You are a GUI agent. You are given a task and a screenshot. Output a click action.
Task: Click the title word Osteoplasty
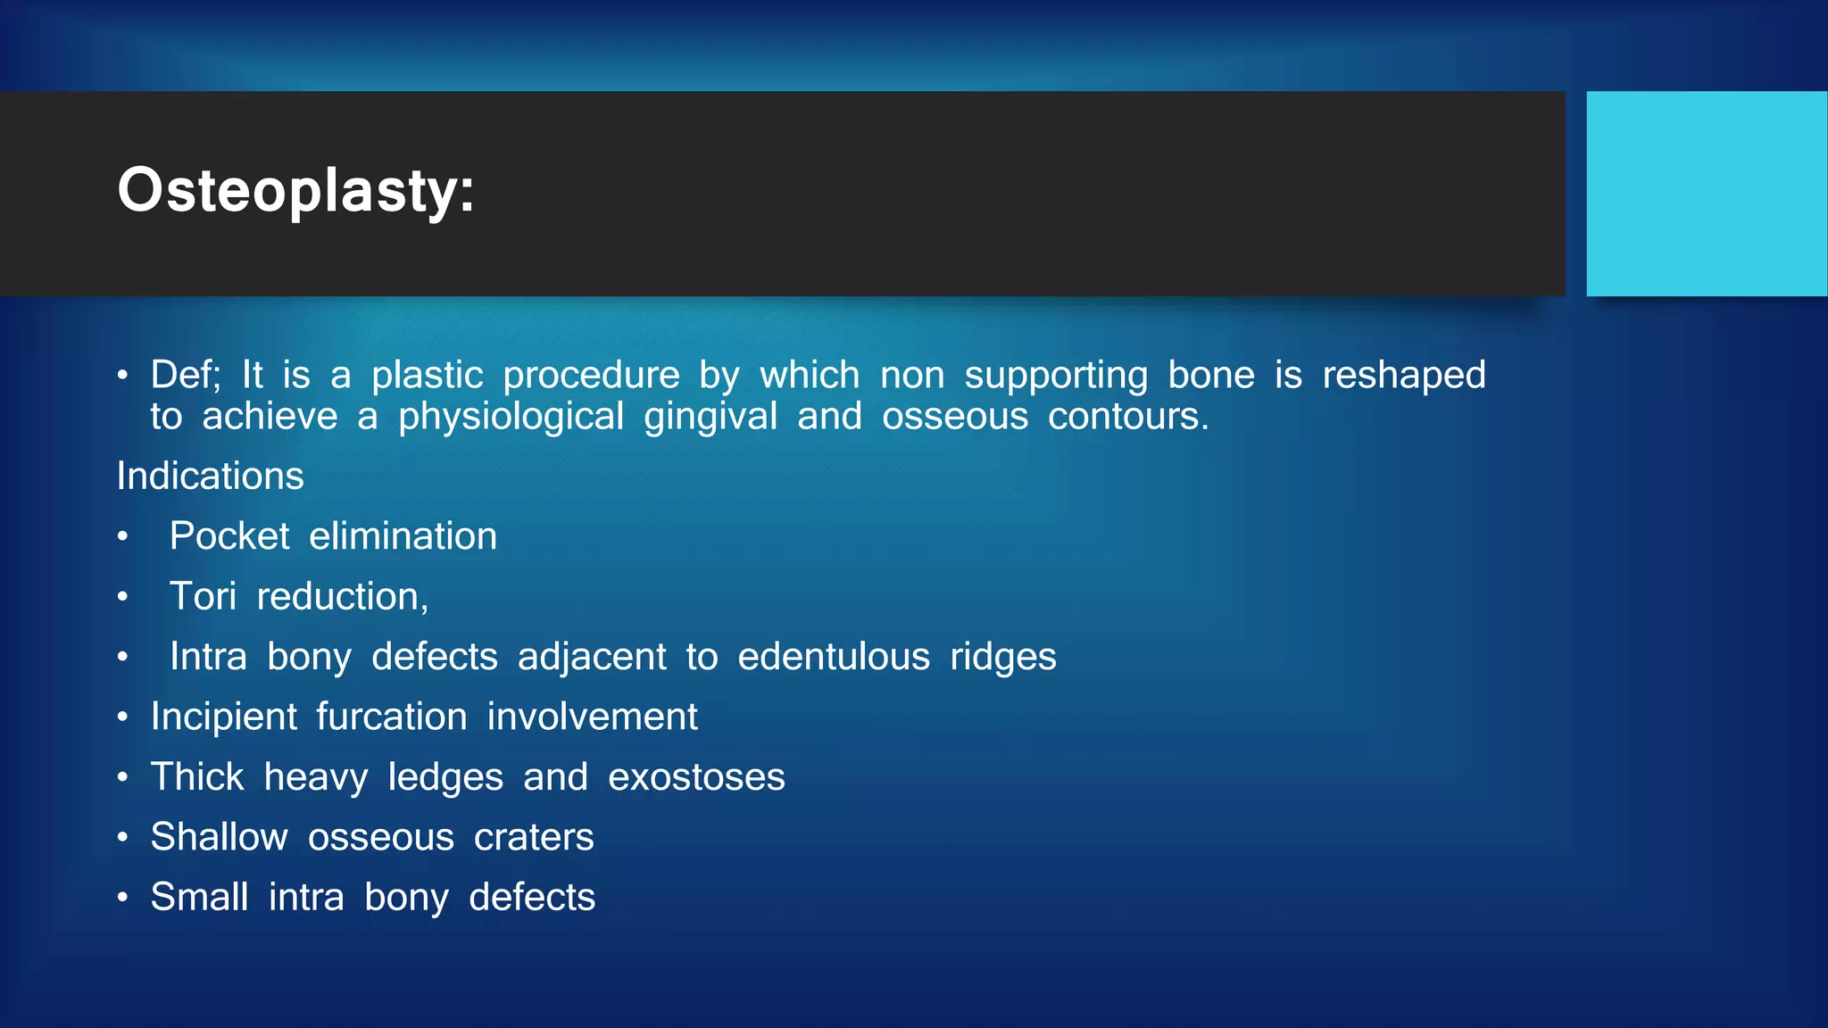click(x=295, y=191)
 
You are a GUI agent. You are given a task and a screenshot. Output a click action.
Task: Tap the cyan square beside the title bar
click(x=1706, y=194)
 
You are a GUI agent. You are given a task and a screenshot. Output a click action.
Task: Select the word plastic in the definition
click(x=427, y=375)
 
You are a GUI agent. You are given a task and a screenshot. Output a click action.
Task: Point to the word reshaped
click(x=1403, y=375)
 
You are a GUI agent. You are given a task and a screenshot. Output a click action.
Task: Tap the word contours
click(x=1127, y=417)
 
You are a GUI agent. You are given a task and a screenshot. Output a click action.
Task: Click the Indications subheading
click(x=210, y=476)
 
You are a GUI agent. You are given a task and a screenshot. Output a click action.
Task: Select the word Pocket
click(x=229, y=536)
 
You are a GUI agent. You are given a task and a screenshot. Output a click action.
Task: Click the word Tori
click(x=203, y=596)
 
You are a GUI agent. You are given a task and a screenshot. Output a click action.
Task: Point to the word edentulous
click(x=834, y=657)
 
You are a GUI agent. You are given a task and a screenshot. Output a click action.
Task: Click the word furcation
click(x=391, y=717)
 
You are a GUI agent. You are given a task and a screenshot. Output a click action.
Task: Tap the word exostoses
click(x=696, y=777)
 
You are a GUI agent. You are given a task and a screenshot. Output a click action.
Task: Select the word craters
click(x=534, y=837)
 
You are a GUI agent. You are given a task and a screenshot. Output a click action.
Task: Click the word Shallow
click(x=219, y=837)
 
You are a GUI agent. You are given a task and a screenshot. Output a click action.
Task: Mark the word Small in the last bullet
click(x=199, y=897)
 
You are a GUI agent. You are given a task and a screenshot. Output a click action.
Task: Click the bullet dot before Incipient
click(x=123, y=717)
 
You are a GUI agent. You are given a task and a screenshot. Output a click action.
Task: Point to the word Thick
click(x=196, y=776)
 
